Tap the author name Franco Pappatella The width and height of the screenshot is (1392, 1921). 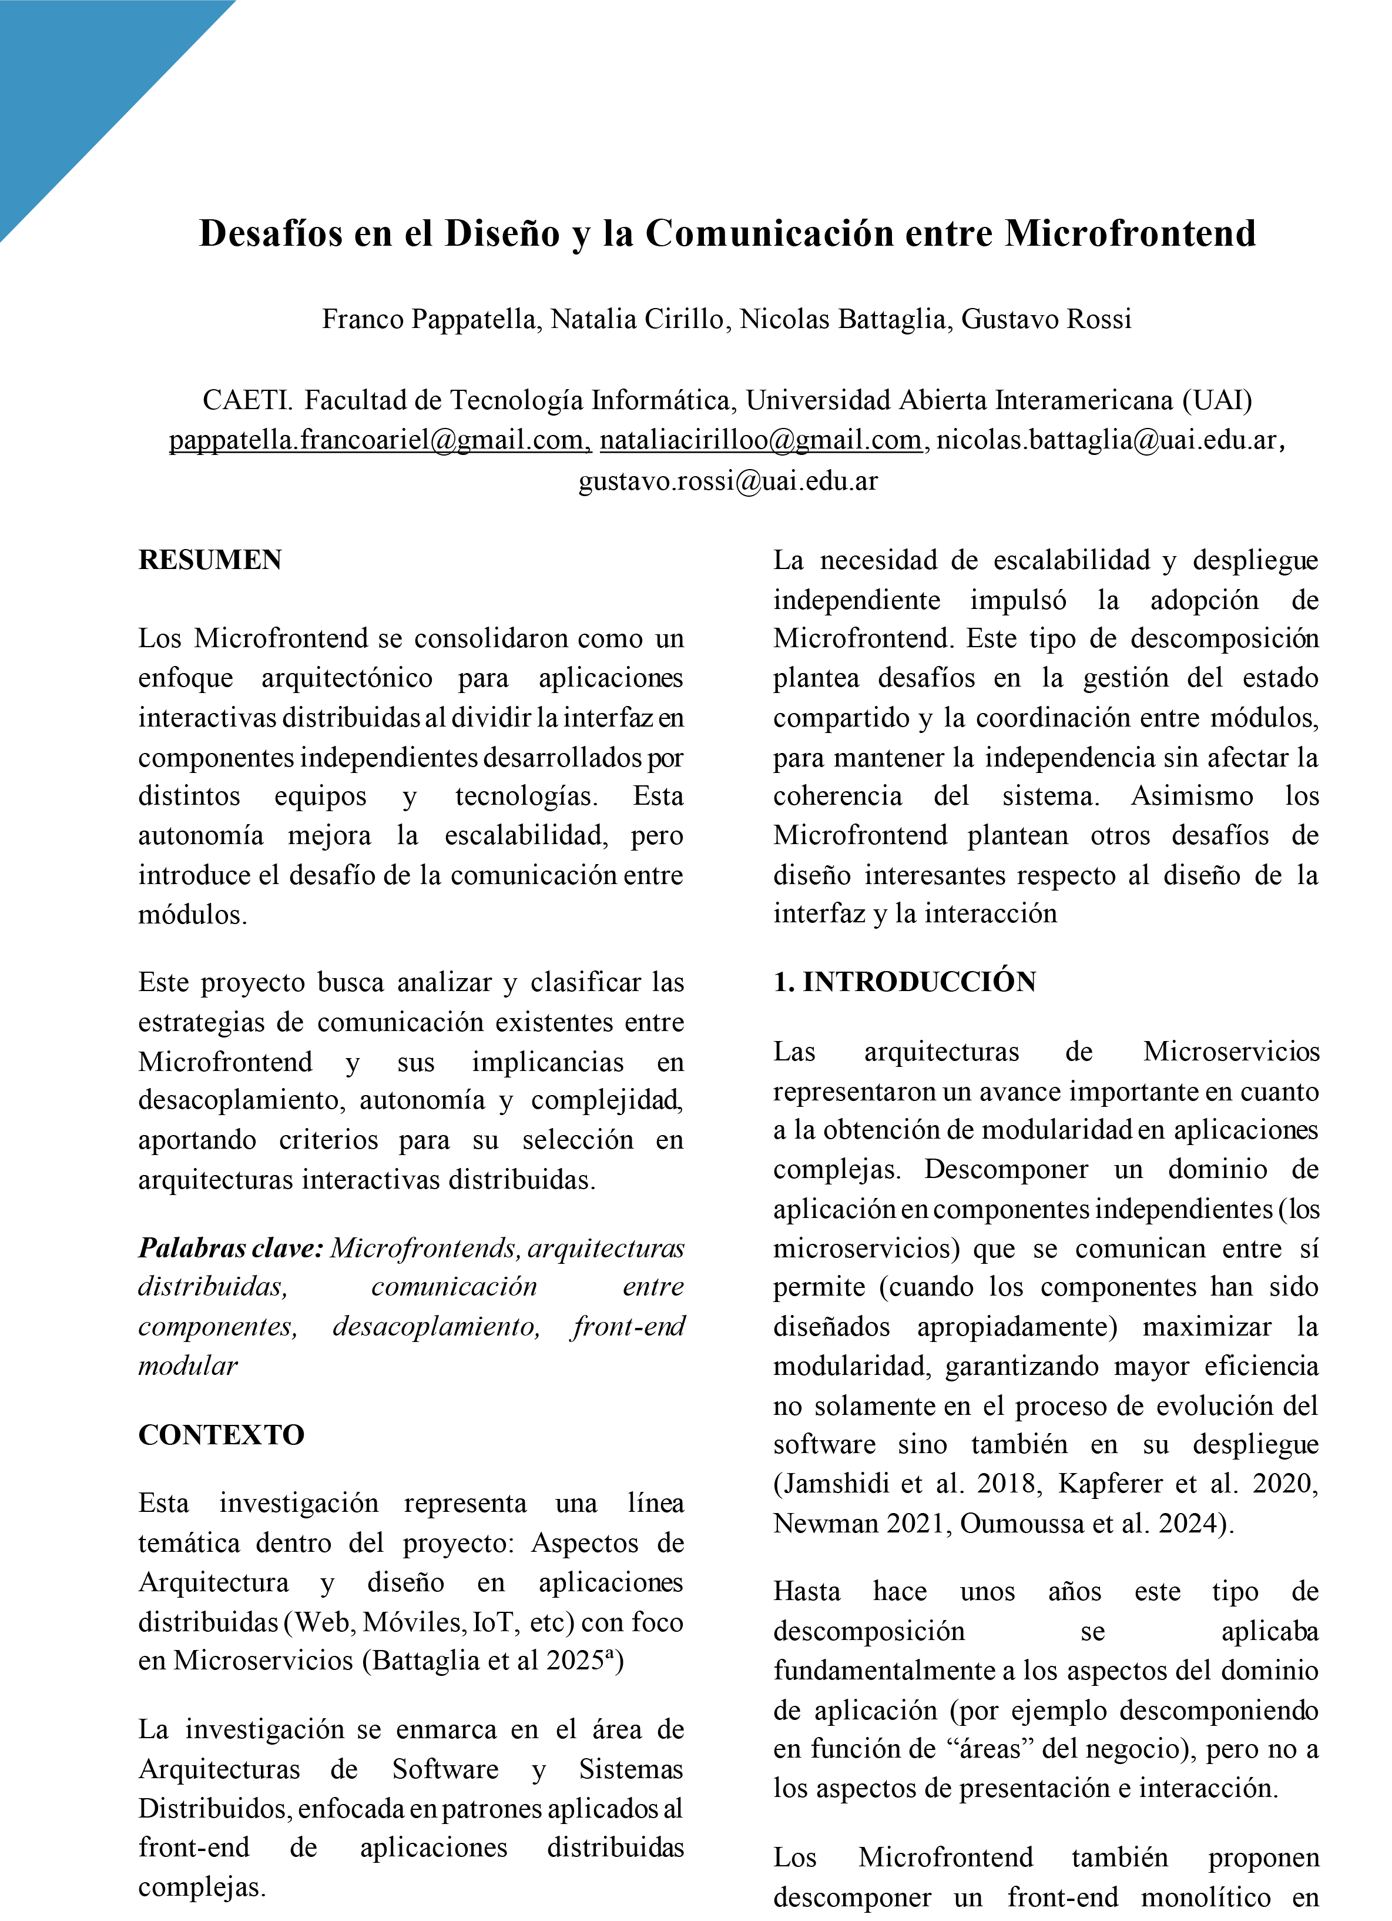point(431,319)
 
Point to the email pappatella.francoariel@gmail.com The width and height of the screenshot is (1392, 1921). point(380,440)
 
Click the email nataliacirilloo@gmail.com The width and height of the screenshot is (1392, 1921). point(760,440)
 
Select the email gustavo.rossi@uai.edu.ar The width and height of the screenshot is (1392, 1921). point(727,480)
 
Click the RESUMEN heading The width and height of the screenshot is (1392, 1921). point(210,560)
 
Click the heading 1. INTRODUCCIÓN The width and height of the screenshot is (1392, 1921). point(904,982)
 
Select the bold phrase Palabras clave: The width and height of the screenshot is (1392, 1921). point(230,1247)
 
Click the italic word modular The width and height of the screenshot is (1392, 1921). point(188,1366)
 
